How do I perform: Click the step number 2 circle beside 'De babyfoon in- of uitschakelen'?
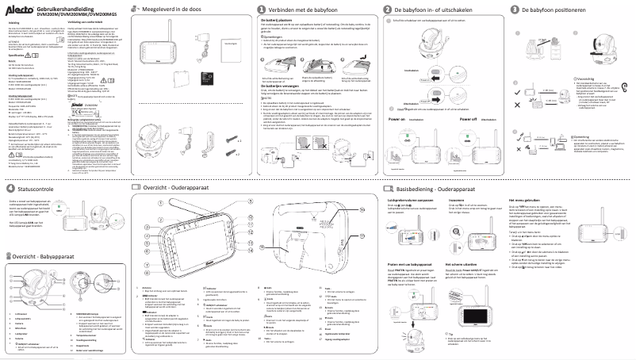click(x=389, y=9)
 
